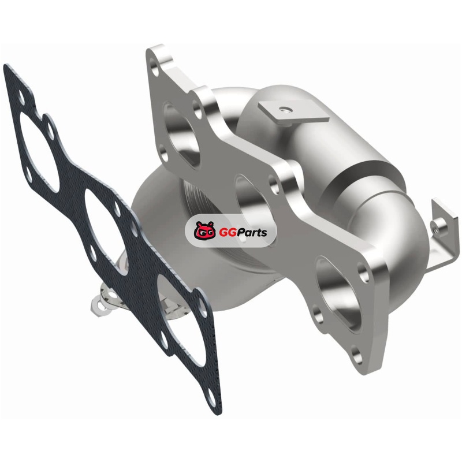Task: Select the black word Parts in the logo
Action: point(249,232)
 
